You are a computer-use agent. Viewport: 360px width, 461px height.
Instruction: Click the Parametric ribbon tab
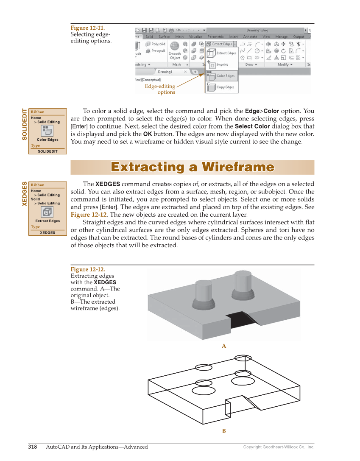[x=215, y=37]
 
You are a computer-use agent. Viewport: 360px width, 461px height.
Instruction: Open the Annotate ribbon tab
[x=250, y=37]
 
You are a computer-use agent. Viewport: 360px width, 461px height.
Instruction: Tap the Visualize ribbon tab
[x=195, y=37]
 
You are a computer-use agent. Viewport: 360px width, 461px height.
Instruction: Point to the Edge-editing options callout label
[x=160, y=89]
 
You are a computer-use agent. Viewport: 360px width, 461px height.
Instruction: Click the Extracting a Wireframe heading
[x=192, y=167]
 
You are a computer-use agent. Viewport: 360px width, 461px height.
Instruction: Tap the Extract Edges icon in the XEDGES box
[x=47, y=212]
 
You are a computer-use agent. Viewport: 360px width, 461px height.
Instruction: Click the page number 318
[x=33, y=447]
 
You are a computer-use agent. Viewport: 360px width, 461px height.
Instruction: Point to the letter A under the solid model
[x=224, y=346]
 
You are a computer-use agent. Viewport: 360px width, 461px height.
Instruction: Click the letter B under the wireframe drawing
[x=224, y=431]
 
